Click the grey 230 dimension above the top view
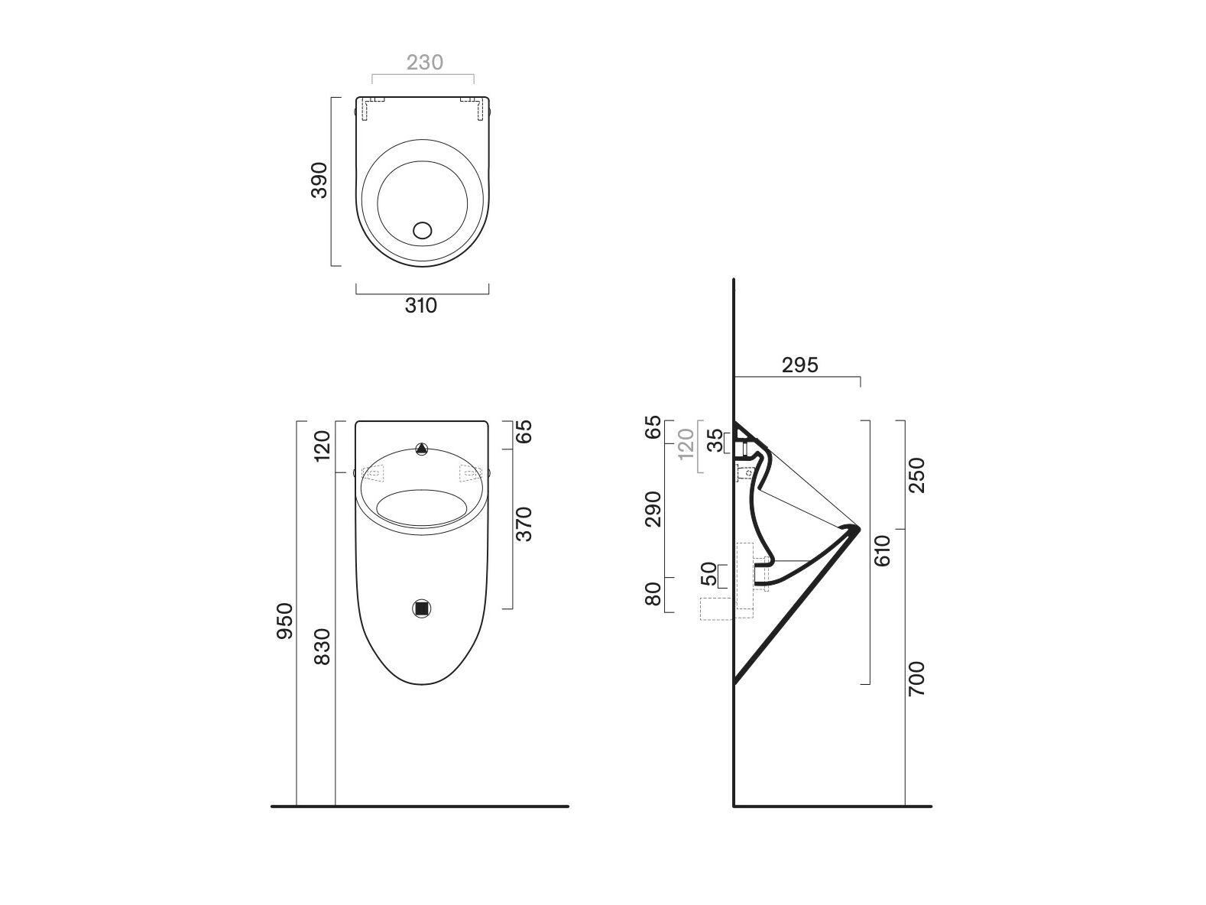tap(424, 62)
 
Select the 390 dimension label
tap(319, 180)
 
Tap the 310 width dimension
tap(420, 306)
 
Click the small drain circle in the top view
tap(422, 229)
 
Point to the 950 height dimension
tap(284, 621)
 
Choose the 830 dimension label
tap(323, 646)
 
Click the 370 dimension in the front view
tap(524, 524)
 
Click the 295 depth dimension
tap(800, 365)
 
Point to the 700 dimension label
tap(916, 678)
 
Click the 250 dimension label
tap(916, 475)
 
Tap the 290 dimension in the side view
tap(653, 509)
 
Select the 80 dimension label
tap(653, 595)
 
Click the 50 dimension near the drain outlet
tap(709, 573)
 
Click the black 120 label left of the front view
tap(323, 446)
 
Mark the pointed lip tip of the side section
tap(859, 528)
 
